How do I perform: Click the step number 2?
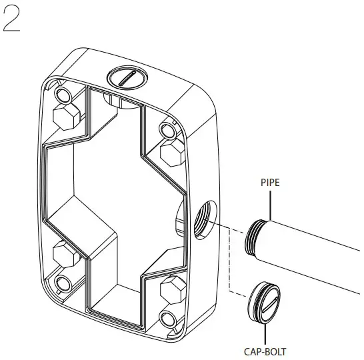[11, 19]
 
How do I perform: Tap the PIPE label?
[270, 183]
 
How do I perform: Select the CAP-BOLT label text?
[265, 351]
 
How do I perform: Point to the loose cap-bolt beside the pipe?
[264, 303]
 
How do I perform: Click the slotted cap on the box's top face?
[127, 77]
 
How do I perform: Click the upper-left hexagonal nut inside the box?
[67, 117]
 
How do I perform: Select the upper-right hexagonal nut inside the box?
[173, 153]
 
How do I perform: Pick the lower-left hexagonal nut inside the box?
[66, 255]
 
